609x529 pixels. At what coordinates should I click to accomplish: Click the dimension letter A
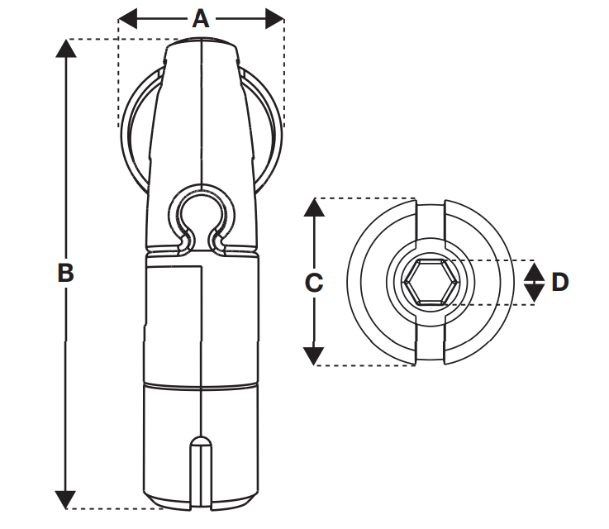(x=201, y=18)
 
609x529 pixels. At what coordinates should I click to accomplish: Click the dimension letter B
(x=65, y=273)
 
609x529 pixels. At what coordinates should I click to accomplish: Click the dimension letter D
(x=559, y=282)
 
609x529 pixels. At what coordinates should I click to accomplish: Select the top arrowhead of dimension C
(x=313, y=207)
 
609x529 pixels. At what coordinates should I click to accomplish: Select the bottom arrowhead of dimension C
(x=313, y=356)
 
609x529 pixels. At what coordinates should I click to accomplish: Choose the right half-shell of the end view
(x=488, y=282)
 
